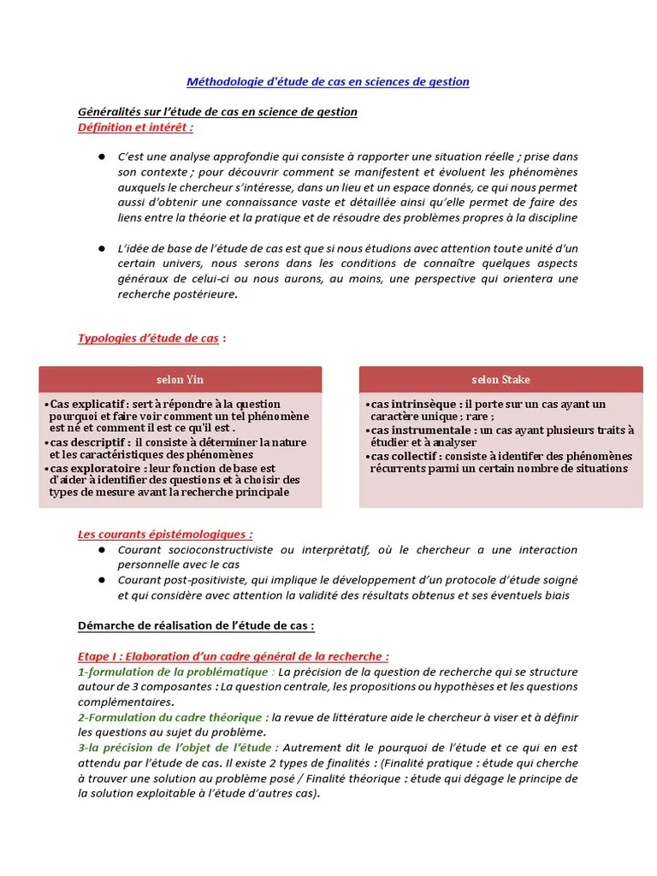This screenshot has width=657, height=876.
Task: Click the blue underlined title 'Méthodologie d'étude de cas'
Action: click(328, 82)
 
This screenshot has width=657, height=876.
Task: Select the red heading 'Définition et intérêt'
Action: click(134, 127)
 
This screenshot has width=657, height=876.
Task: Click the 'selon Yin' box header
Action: click(181, 380)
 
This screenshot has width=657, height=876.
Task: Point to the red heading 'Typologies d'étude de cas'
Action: click(149, 338)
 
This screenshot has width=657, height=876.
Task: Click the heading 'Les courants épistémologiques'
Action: click(164, 533)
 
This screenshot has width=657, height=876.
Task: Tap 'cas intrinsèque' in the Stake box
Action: click(408, 404)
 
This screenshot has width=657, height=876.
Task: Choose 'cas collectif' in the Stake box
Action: click(403, 456)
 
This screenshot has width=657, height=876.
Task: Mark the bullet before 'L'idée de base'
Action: click(101, 248)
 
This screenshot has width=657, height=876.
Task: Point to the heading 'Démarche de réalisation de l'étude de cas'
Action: click(196, 625)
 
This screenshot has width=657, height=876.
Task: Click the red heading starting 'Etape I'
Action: click(233, 656)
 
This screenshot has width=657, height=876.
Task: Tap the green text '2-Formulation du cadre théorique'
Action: click(169, 718)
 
